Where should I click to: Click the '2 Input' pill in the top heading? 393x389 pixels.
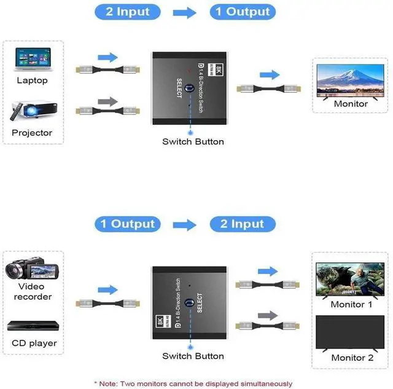click(128, 12)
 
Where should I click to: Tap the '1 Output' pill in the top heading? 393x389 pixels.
click(242, 12)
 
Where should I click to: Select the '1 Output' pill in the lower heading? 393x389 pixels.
click(128, 224)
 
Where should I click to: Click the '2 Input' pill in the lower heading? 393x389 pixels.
click(242, 224)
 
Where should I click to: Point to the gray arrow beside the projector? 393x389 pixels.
click(107, 100)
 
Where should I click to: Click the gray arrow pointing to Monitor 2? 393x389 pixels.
click(267, 316)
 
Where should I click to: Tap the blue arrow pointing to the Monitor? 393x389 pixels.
click(268, 74)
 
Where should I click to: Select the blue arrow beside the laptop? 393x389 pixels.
click(107, 57)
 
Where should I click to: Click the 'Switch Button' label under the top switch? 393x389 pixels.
click(193, 142)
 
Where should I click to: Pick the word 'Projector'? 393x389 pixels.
click(32, 133)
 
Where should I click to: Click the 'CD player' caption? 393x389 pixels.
click(33, 344)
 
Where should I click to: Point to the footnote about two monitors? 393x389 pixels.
click(193, 383)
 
